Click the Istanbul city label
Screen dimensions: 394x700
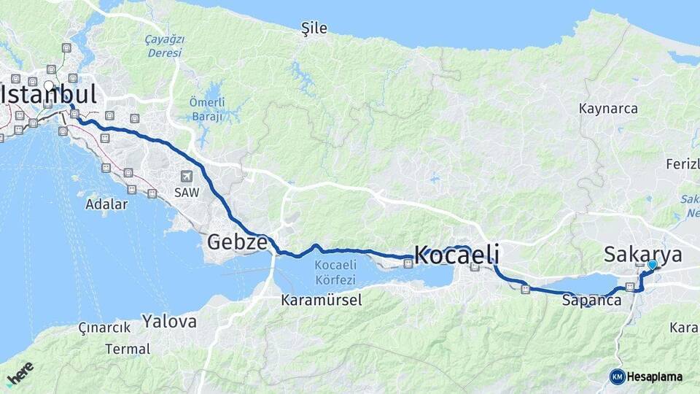49,95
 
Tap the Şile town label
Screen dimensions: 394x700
314,28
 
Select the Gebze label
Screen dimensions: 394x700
237,242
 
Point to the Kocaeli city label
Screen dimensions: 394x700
456,255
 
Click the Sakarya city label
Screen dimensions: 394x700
643,254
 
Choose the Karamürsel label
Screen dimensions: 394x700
322,300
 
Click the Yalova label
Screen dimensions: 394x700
169,321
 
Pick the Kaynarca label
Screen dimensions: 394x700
608,109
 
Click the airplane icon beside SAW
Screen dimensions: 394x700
187,177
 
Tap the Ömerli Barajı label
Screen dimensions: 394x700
207,109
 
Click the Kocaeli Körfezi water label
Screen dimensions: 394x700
335,272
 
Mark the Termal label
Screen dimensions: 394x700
128,349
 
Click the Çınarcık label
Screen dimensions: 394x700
105,328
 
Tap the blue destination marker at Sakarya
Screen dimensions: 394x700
652,265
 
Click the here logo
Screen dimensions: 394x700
20,373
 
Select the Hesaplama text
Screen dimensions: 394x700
654,377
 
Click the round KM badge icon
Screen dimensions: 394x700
617,377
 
